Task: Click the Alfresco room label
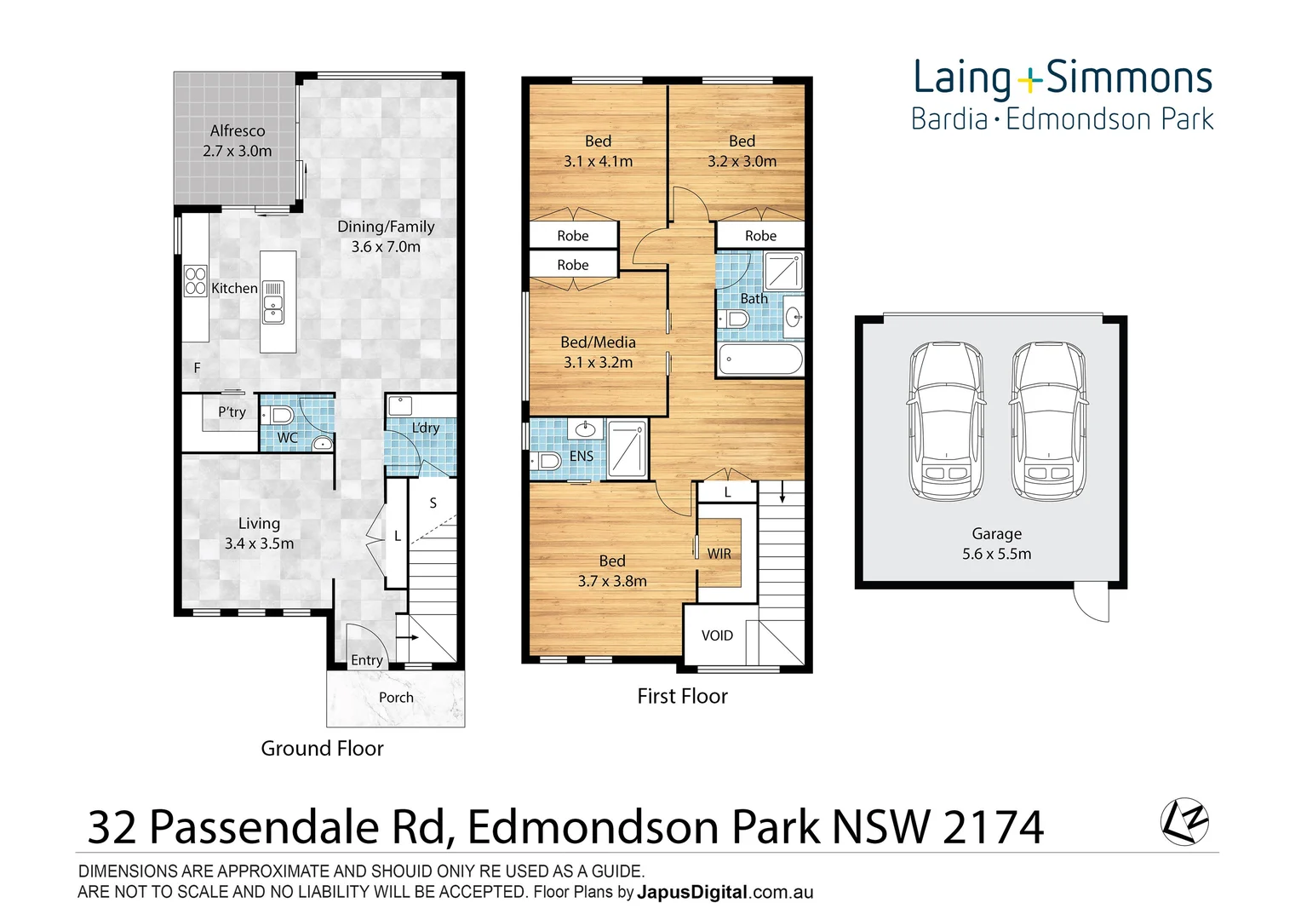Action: [238, 131]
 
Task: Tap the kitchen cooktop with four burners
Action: [196, 281]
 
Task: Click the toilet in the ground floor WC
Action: [279, 416]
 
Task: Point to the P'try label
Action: [232, 412]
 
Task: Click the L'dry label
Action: [425, 428]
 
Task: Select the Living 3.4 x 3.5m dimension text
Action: [259, 543]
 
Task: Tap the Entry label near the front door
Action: [367, 660]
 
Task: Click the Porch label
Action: [396, 698]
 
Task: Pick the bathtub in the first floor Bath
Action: [760, 359]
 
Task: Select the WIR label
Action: [719, 554]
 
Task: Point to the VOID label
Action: [717, 635]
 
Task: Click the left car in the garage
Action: [946, 421]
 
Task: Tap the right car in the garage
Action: [1048, 421]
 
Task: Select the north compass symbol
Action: [1184, 822]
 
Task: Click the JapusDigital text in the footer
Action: [692, 893]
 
